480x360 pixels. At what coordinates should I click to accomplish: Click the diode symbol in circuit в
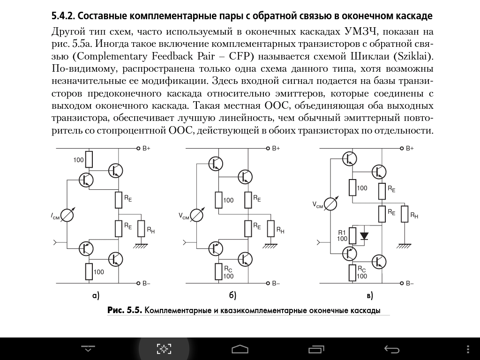364,236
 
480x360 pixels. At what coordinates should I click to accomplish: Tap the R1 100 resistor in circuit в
352,235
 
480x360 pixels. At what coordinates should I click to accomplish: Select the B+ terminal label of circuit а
146,149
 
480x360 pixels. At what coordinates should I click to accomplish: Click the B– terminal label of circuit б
276,284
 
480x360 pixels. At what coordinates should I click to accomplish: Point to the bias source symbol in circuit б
196,216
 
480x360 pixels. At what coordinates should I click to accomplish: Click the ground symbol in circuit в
405,246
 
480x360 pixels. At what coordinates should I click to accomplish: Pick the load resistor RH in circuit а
141,229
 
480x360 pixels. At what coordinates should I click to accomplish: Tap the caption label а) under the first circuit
96,295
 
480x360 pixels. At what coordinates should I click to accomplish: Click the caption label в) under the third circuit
369,295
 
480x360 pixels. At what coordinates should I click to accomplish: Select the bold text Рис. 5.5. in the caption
125,310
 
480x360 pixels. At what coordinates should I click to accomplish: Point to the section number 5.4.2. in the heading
63,16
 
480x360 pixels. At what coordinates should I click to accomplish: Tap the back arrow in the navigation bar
392,349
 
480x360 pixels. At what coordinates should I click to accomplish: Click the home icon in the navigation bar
240,349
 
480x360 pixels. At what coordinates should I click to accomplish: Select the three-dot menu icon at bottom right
468,349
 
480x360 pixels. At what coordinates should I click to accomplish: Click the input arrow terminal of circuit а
55,243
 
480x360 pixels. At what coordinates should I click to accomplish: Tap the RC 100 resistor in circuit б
218,271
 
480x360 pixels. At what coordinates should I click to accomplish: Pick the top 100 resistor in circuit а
89,159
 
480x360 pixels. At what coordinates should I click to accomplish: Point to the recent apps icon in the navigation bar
316,349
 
